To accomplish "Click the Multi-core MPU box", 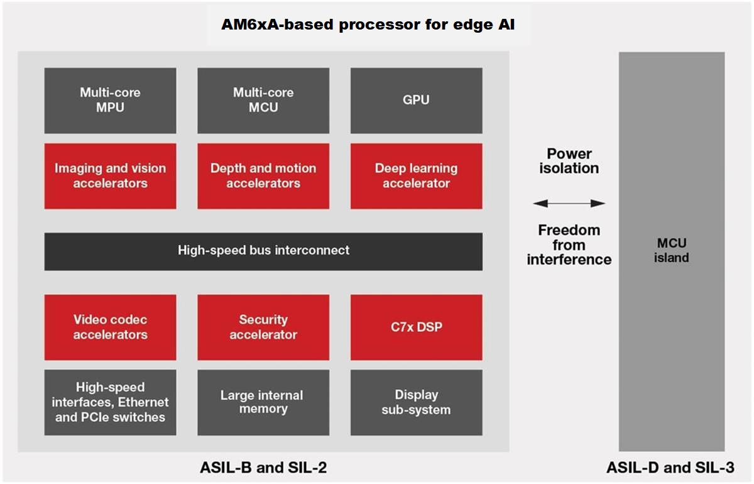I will [110, 101].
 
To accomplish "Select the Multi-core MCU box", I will [263, 101].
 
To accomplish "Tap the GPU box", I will [416, 101].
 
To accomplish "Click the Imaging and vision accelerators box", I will [110, 176].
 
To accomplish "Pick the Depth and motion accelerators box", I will [263, 176].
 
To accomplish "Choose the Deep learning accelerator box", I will [416, 176].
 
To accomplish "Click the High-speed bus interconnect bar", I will [263, 251].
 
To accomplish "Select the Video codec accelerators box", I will [110, 327].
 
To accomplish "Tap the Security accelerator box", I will [263, 327].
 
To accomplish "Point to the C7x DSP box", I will [416, 327].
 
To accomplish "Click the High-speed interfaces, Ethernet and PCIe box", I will [110, 402].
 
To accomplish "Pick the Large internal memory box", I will [263, 402].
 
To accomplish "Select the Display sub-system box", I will [416, 402].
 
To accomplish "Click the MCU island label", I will [672, 250].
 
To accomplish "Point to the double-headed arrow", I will [569, 203].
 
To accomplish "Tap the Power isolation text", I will [569, 161].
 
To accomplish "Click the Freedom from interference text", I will [569, 245].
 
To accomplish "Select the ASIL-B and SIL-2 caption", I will [263, 468].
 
